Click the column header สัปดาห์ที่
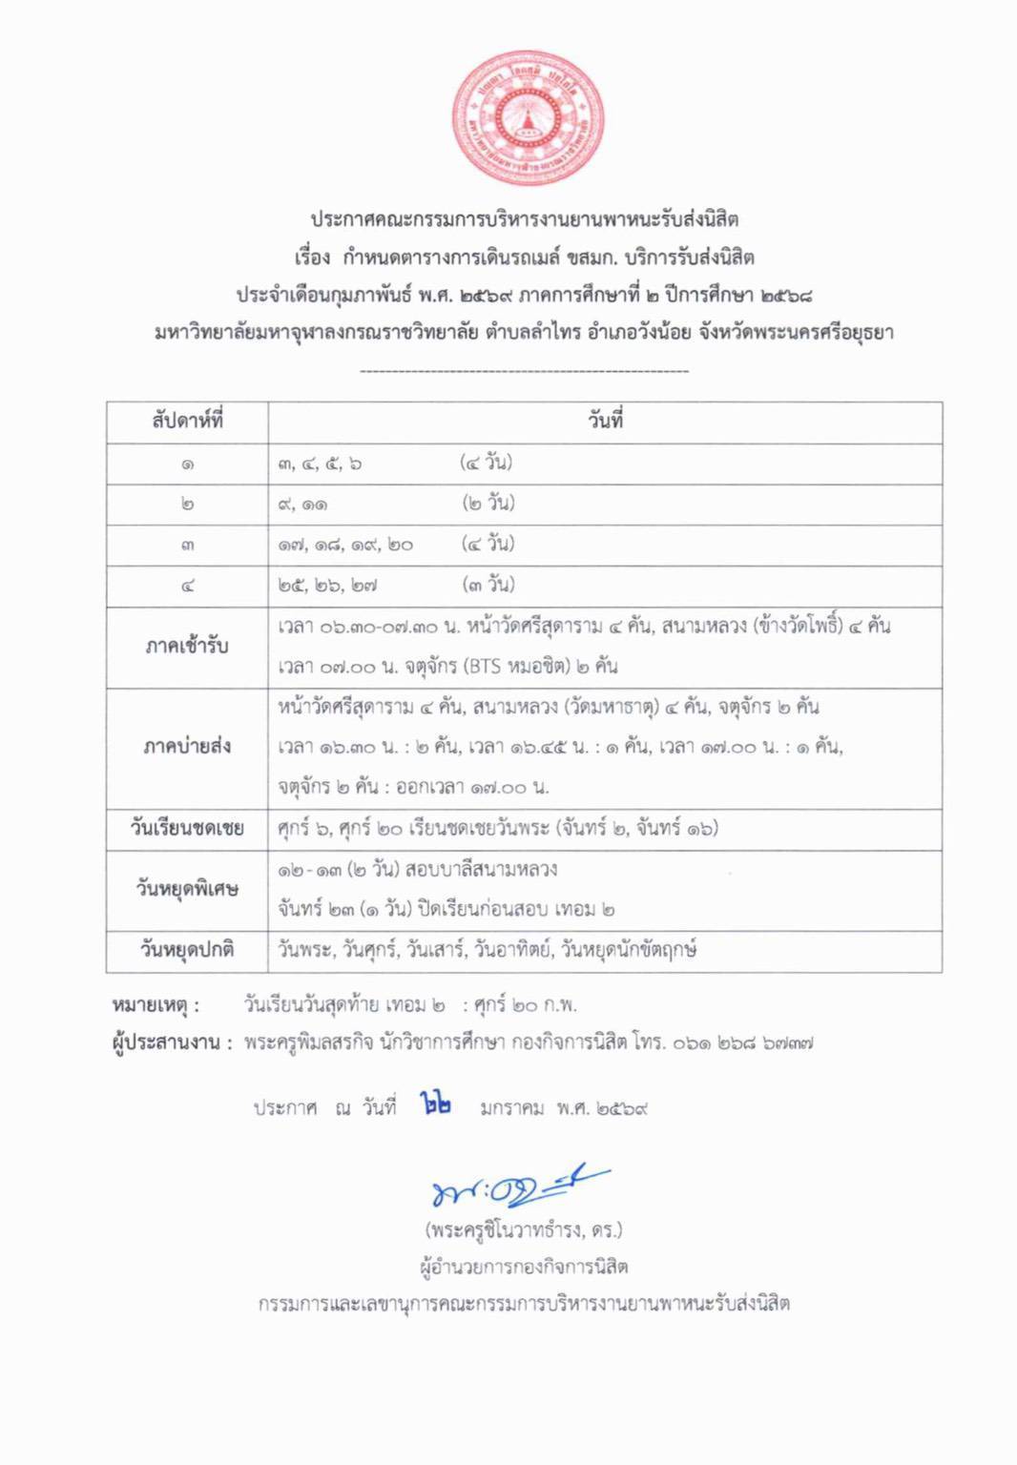point(187,421)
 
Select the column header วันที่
point(605,421)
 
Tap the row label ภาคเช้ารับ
point(187,647)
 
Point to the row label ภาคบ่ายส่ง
point(187,747)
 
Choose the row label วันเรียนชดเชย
point(187,828)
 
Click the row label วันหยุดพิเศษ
point(187,889)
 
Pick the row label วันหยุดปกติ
point(187,950)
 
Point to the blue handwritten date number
point(436,1105)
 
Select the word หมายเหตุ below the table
point(156,1005)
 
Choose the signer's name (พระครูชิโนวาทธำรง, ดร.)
point(524,1229)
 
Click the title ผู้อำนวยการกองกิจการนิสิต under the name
point(524,1267)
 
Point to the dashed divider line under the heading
point(524,371)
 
